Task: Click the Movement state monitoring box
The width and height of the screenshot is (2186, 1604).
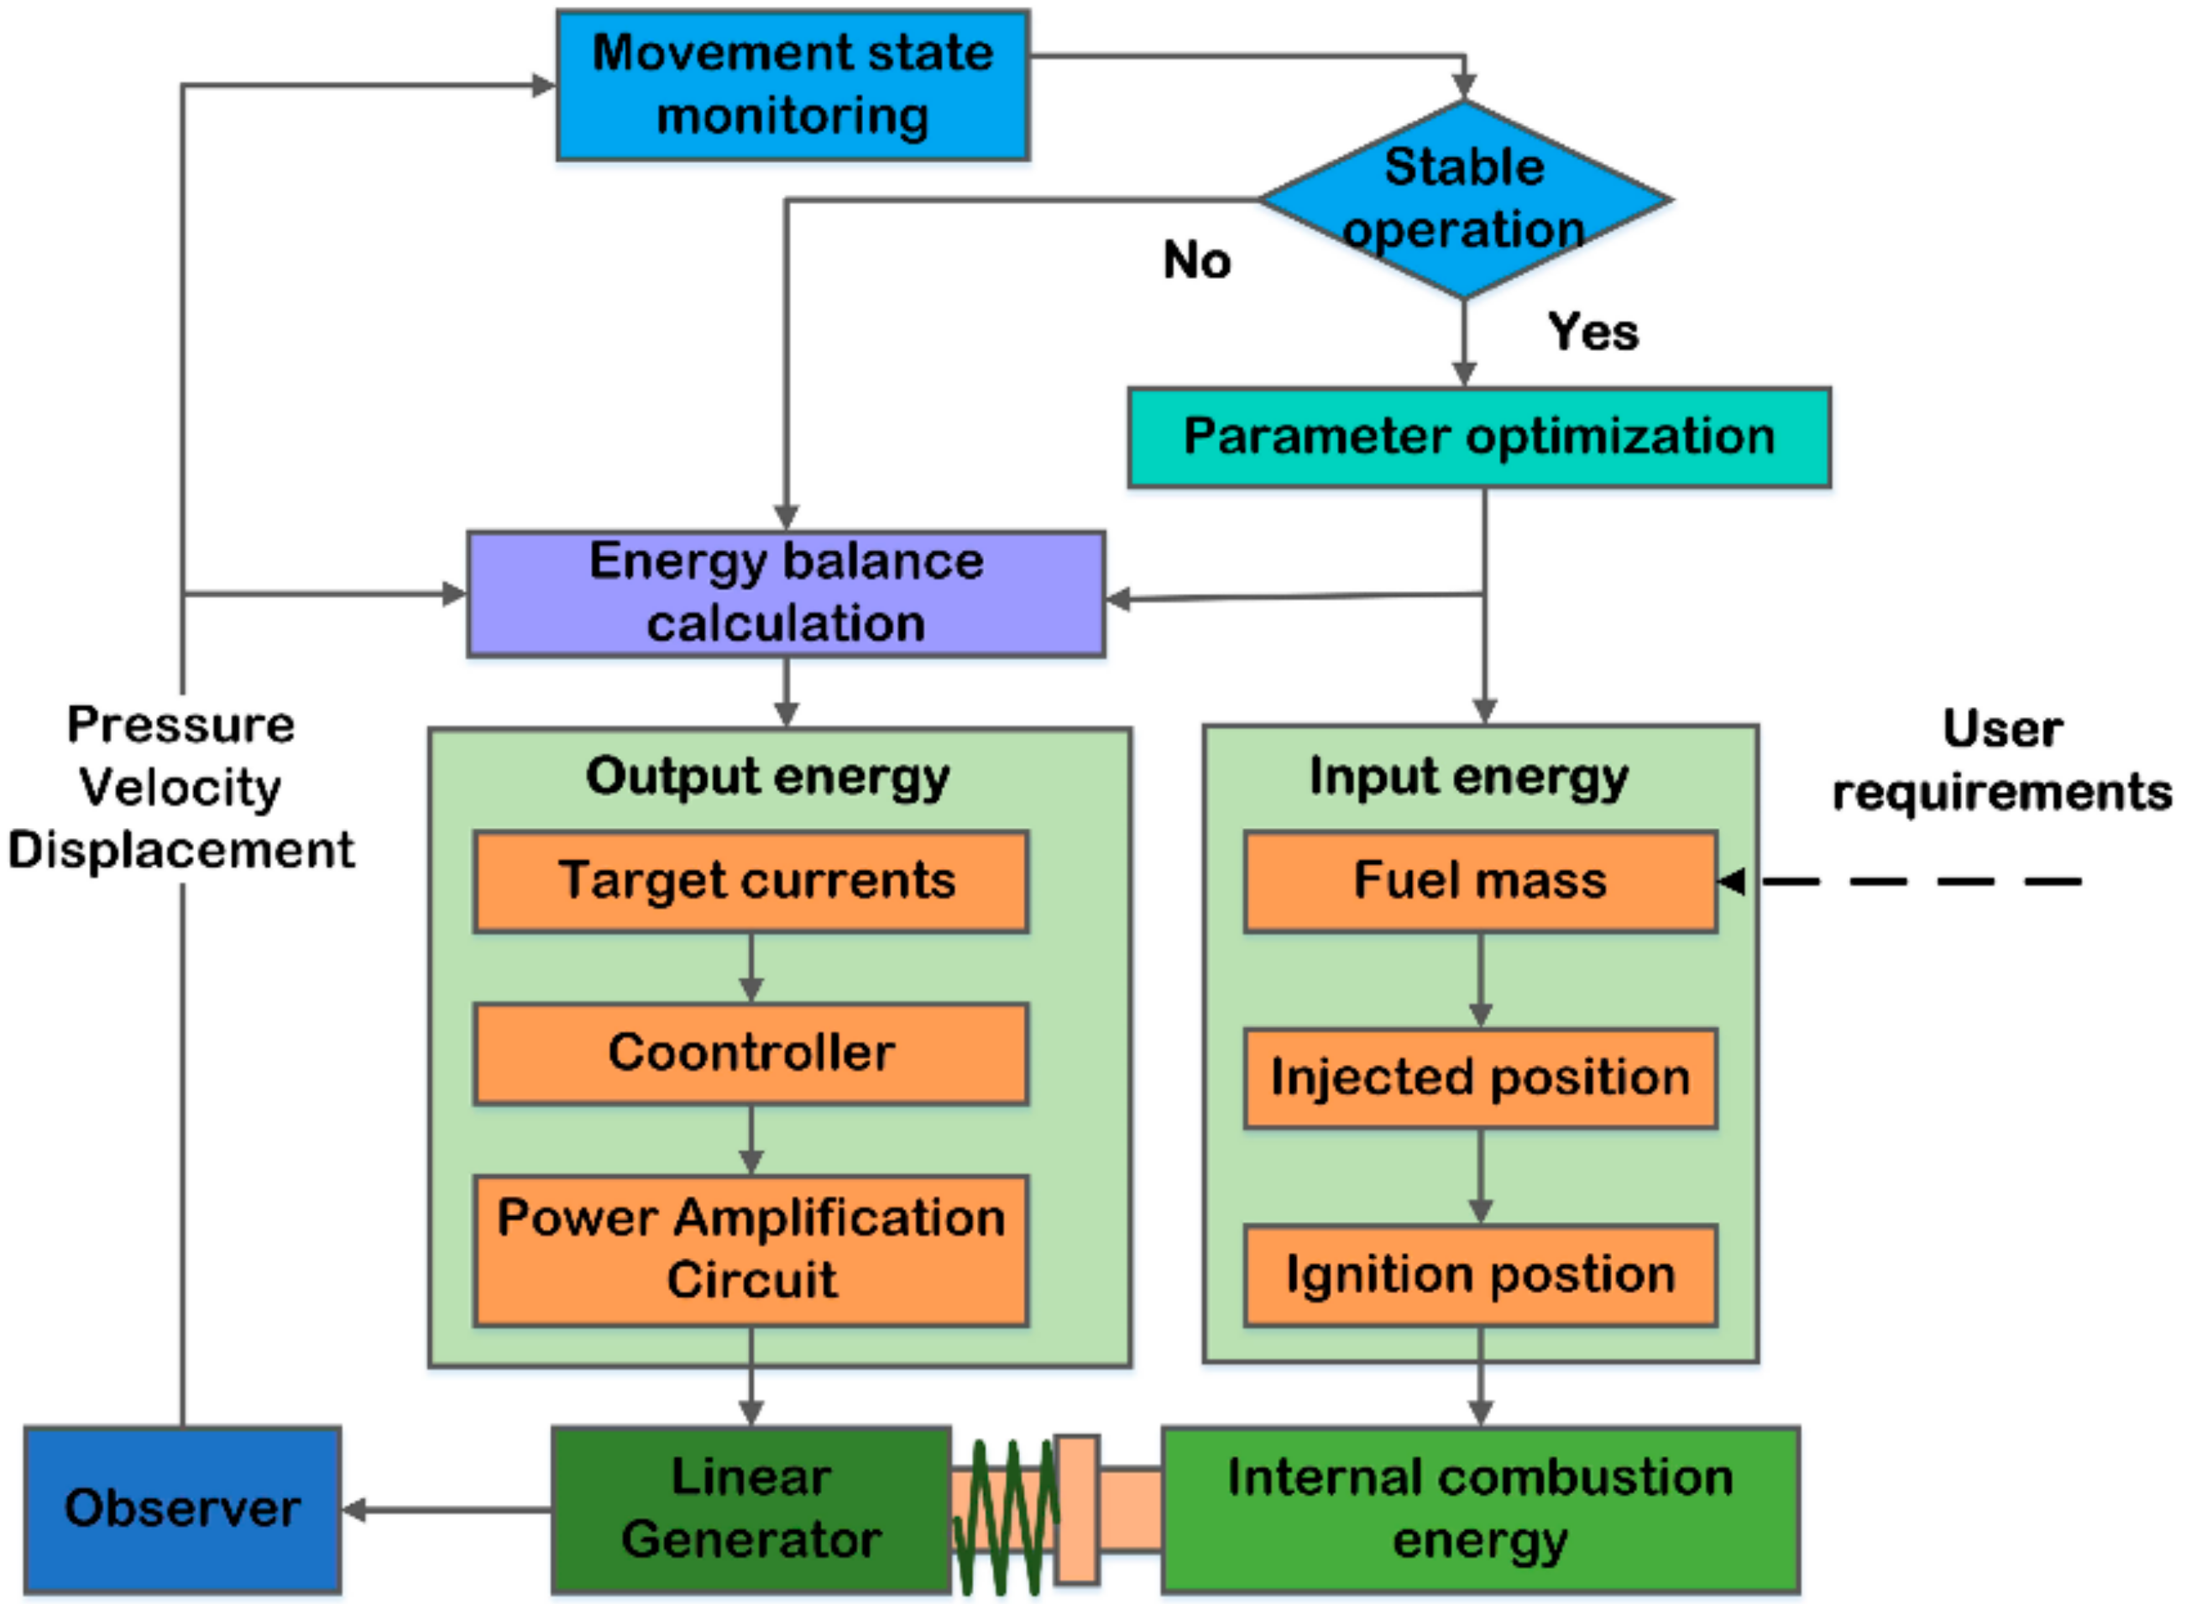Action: (792, 86)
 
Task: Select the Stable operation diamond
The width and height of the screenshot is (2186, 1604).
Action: (1464, 199)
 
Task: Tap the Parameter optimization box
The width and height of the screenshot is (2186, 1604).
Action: (1478, 437)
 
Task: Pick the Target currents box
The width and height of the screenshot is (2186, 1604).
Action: (750, 882)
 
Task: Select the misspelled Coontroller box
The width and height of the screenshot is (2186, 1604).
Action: (750, 1053)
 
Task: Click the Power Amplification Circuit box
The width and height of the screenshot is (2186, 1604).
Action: (750, 1250)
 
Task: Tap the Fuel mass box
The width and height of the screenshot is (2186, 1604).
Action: (1479, 882)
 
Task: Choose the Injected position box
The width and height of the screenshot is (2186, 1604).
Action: (1479, 1077)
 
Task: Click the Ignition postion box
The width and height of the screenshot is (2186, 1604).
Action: (1479, 1275)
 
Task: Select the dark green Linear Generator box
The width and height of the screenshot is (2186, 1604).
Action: (750, 1509)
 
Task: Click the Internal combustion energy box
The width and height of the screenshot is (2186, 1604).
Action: (1479, 1509)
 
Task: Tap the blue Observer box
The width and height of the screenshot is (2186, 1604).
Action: (182, 1509)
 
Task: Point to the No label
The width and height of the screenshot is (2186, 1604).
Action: (1197, 260)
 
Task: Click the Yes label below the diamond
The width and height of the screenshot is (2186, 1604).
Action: (1592, 332)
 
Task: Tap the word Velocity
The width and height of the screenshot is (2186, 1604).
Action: (180, 787)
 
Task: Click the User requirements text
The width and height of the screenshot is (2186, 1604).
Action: (2001, 760)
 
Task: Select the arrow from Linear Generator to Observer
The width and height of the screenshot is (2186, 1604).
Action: (447, 1509)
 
